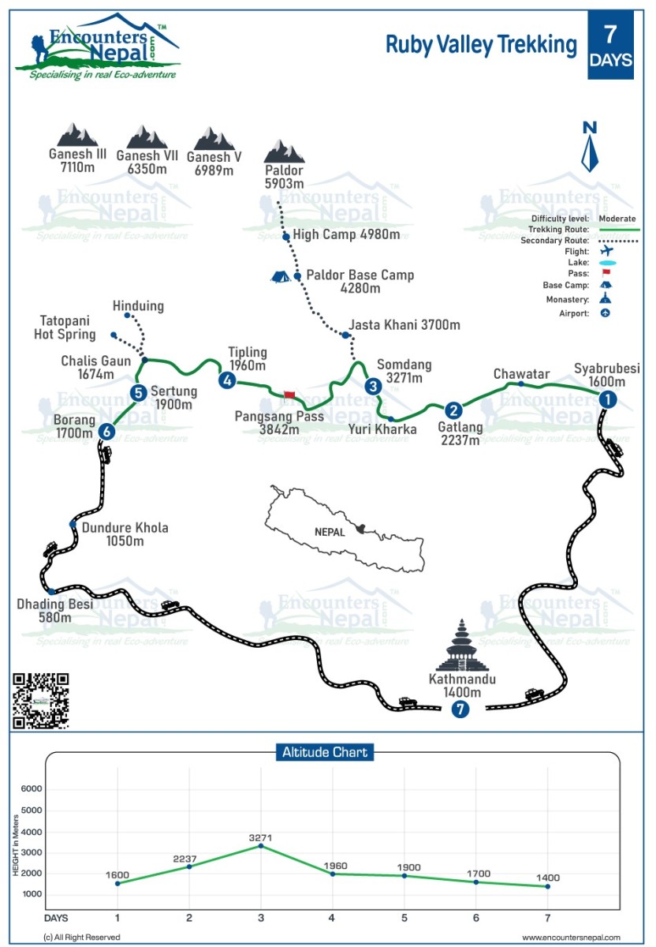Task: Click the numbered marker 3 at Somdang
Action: pyautogui.click(x=374, y=387)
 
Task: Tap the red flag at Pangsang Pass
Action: pyautogui.click(x=289, y=394)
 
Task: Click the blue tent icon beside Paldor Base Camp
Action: pyautogui.click(x=280, y=276)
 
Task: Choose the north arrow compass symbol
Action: pyautogui.click(x=589, y=147)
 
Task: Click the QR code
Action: pyautogui.click(x=40, y=700)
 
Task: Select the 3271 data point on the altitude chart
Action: pyautogui.click(x=261, y=846)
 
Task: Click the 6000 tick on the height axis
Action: pyautogui.click(x=32, y=789)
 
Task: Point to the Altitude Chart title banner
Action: pyautogui.click(x=325, y=752)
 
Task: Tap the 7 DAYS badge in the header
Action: pyautogui.click(x=610, y=45)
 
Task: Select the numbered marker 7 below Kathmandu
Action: pyautogui.click(x=460, y=709)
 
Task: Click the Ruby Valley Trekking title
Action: pyautogui.click(x=481, y=45)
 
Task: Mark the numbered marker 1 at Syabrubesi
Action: pyautogui.click(x=607, y=400)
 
